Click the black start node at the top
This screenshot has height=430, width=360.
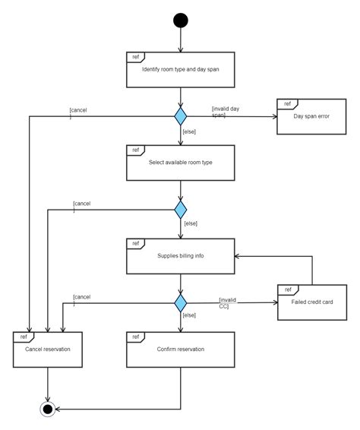(180, 20)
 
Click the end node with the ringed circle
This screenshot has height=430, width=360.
(49, 409)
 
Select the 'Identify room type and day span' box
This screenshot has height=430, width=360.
(180, 70)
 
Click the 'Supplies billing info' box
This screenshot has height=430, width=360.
(180, 256)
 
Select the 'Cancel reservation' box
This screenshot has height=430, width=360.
(49, 349)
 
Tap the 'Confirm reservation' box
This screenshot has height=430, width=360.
(180, 349)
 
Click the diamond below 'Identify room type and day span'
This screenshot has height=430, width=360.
(180, 116)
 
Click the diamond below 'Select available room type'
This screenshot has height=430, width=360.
(180, 209)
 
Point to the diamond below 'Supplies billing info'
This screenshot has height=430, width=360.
(180, 302)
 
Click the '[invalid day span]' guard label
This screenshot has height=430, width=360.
(226, 112)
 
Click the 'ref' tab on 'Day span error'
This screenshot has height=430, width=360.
(287, 103)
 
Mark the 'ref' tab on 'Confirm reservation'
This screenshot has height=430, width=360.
(135, 335)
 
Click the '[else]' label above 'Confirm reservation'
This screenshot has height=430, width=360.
(190, 315)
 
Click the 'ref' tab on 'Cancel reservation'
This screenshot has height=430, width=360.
(24, 335)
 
